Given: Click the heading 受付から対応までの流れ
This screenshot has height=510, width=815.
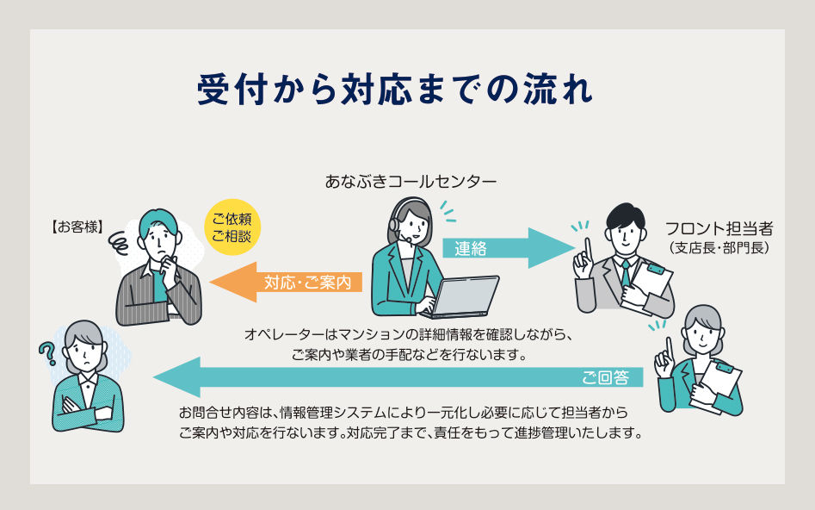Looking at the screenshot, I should click(395, 89).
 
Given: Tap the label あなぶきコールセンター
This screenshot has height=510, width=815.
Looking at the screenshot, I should click(411, 182).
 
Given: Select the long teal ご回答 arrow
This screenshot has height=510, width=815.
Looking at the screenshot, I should click(396, 377).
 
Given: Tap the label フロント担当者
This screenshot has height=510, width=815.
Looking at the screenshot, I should click(719, 229).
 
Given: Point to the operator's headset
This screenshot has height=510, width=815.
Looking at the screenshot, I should click(396, 221).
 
